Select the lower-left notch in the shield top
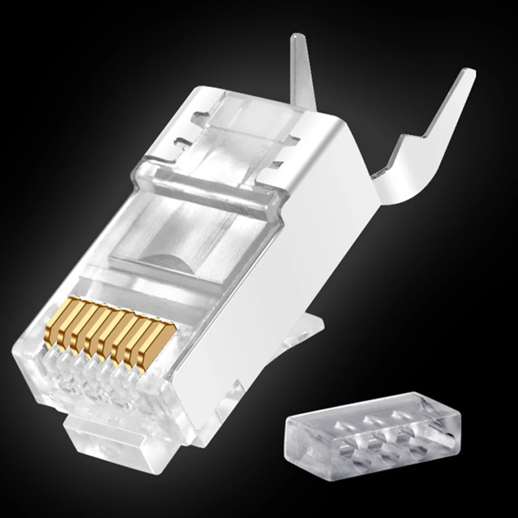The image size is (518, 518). pyautogui.click(x=184, y=142)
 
